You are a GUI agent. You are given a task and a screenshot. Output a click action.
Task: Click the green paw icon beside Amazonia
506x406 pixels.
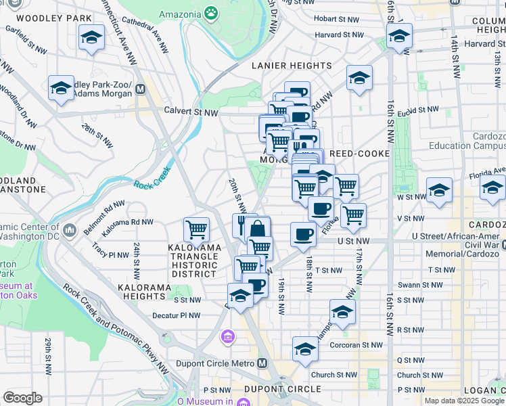(212, 14)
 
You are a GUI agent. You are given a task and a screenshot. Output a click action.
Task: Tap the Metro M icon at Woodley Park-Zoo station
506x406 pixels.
(141, 89)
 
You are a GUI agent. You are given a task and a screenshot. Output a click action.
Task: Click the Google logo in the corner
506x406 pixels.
(22, 398)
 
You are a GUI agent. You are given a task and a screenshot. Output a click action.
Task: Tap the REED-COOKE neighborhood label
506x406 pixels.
(359, 154)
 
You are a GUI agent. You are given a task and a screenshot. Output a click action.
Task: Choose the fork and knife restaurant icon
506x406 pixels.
(242, 223)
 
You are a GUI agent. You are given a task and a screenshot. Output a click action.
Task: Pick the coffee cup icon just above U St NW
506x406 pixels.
(303, 233)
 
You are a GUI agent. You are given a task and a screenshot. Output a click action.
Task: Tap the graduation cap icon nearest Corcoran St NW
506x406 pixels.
(305, 348)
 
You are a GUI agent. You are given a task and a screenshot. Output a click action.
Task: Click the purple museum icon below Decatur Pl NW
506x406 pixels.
(228, 336)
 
